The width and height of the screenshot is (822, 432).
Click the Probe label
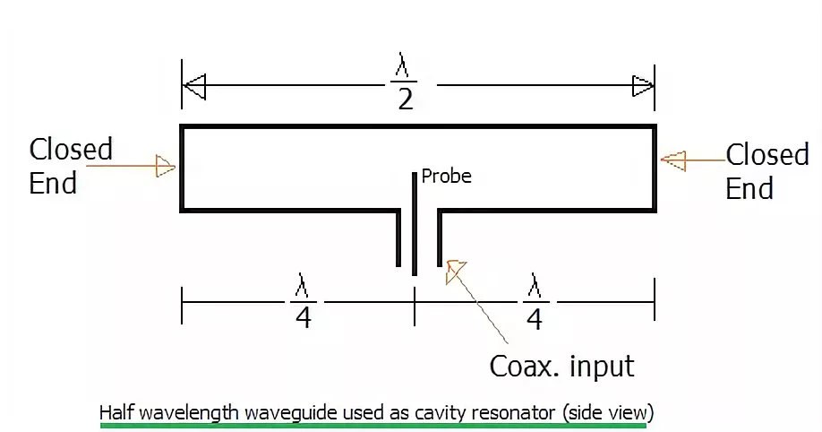pyautogui.click(x=446, y=177)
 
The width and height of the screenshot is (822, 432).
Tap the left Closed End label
pyautogui.click(x=71, y=166)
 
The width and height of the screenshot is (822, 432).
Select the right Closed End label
pyautogui.click(x=767, y=171)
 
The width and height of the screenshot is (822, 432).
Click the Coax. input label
pyautogui.click(x=561, y=366)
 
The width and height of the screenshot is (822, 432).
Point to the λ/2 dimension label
pyautogui.click(x=405, y=82)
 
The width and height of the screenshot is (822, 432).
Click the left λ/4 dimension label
pyautogui.click(x=304, y=303)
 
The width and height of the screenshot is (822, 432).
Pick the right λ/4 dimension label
pyautogui.click(x=535, y=303)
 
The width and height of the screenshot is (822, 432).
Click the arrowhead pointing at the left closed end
pyautogui.click(x=165, y=166)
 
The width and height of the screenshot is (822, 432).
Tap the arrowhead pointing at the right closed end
pyautogui.click(x=672, y=160)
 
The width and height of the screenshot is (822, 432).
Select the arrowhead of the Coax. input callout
pyautogui.click(x=455, y=271)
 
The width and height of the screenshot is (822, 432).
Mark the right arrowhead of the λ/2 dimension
pyautogui.click(x=643, y=86)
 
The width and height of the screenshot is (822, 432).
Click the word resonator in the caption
pyautogui.click(x=517, y=412)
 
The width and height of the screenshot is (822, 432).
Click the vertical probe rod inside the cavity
pyautogui.click(x=415, y=224)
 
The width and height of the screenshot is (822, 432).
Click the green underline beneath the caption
pyautogui.click(x=372, y=426)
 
